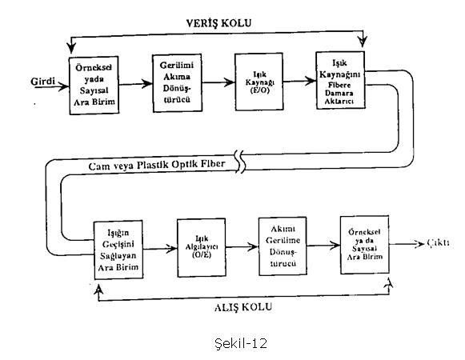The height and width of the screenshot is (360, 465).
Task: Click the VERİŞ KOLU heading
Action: (218, 23)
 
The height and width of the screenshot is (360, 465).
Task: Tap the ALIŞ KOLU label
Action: (243, 307)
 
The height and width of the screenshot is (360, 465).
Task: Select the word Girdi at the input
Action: (43, 81)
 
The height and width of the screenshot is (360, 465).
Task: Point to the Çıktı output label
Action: (438, 243)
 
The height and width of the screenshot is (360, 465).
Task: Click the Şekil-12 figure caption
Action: (241, 343)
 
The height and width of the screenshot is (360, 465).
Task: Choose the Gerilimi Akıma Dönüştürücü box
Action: (178, 83)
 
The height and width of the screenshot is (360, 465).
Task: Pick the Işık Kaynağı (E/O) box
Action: (259, 82)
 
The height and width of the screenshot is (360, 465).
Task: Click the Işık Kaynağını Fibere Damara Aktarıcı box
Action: (340, 80)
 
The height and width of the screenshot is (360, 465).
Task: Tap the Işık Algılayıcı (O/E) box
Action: (202, 248)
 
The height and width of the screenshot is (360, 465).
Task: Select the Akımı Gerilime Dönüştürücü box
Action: (283, 246)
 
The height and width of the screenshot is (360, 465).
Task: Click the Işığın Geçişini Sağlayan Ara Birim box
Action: (118, 250)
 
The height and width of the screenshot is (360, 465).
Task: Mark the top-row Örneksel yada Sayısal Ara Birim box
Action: (94, 86)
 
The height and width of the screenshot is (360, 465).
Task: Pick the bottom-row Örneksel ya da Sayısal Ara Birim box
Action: (364, 245)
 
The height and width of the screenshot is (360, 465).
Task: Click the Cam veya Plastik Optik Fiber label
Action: (157, 165)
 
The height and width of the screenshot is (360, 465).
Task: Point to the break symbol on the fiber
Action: (241, 162)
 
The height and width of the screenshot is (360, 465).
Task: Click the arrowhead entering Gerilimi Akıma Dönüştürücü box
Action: (147, 84)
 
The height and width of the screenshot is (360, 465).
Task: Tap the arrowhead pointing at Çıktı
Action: (419, 244)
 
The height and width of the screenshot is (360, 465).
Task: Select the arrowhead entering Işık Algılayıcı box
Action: (172, 248)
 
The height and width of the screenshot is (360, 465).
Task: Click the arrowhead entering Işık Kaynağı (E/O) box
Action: (230, 82)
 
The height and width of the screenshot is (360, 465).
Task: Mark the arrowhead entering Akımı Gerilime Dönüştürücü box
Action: (253, 246)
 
